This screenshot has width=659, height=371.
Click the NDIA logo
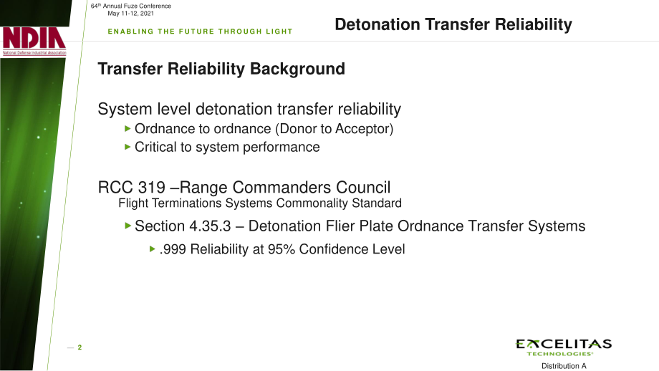34,41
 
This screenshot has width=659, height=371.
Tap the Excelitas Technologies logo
564,347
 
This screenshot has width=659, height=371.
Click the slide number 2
80,347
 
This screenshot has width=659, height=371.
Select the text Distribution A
564,366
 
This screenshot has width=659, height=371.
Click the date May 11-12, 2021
130,14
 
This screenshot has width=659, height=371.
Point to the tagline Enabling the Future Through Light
200,32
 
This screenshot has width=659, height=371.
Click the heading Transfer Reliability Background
221,69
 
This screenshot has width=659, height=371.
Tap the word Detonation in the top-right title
377,24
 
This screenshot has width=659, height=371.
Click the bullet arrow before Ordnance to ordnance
128,129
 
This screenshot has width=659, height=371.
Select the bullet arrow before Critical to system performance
128,147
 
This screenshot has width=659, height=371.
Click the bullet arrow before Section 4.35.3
128,226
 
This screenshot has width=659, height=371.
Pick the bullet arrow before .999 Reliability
153,249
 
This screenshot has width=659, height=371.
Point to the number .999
173,249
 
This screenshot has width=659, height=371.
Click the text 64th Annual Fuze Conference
131,6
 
